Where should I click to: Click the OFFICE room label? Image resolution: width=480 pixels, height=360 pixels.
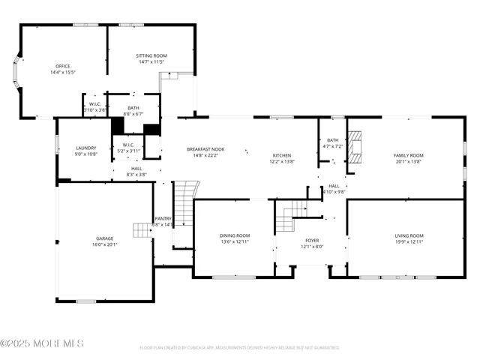click(63, 66)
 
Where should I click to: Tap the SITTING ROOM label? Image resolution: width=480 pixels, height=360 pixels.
click(151, 55)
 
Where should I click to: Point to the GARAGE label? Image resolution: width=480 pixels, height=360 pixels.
click(104, 238)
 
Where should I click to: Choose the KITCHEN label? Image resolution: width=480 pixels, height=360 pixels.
click(282, 155)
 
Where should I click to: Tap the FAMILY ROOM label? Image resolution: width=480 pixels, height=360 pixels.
click(409, 155)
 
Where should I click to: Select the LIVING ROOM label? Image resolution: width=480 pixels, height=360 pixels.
click(409, 236)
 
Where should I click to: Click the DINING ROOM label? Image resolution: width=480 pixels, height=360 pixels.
click(235, 235)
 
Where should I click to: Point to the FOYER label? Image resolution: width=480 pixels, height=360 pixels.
click(311, 240)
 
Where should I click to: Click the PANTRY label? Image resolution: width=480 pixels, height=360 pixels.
click(163, 218)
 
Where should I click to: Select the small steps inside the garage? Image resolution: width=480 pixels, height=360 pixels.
click(141, 229)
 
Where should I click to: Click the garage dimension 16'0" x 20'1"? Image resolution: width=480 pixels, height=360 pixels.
click(104, 244)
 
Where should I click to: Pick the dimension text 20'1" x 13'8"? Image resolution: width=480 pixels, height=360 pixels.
click(409, 161)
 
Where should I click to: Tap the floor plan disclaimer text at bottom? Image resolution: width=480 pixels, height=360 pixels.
click(239, 348)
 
